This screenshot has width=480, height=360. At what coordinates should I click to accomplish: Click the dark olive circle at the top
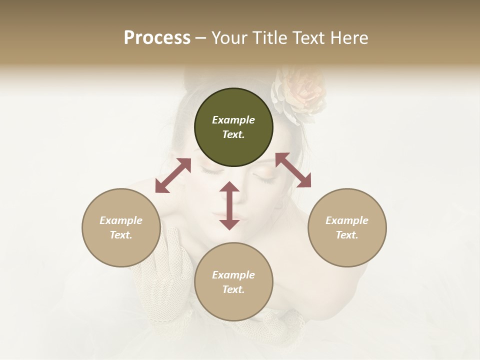(233, 127)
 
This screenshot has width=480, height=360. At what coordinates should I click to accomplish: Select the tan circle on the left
(121, 227)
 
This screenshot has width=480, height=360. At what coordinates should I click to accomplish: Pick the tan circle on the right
(347, 227)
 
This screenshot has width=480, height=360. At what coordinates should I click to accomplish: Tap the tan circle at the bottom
(233, 282)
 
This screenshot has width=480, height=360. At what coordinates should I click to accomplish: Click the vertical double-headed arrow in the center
(229, 205)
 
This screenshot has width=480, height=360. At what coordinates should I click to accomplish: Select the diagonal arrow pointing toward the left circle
(173, 175)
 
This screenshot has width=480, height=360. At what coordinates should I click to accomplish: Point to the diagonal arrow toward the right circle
(293, 170)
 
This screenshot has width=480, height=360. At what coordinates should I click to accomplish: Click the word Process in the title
(157, 38)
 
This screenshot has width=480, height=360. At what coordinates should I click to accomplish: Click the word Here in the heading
(348, 38)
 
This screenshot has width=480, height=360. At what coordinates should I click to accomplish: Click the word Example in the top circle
(233, 120)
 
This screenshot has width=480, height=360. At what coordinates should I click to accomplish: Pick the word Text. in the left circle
(121, 235)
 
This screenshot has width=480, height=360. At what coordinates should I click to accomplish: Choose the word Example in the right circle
(347, 220)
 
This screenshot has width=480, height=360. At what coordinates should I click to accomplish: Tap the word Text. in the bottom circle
(233, 289)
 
